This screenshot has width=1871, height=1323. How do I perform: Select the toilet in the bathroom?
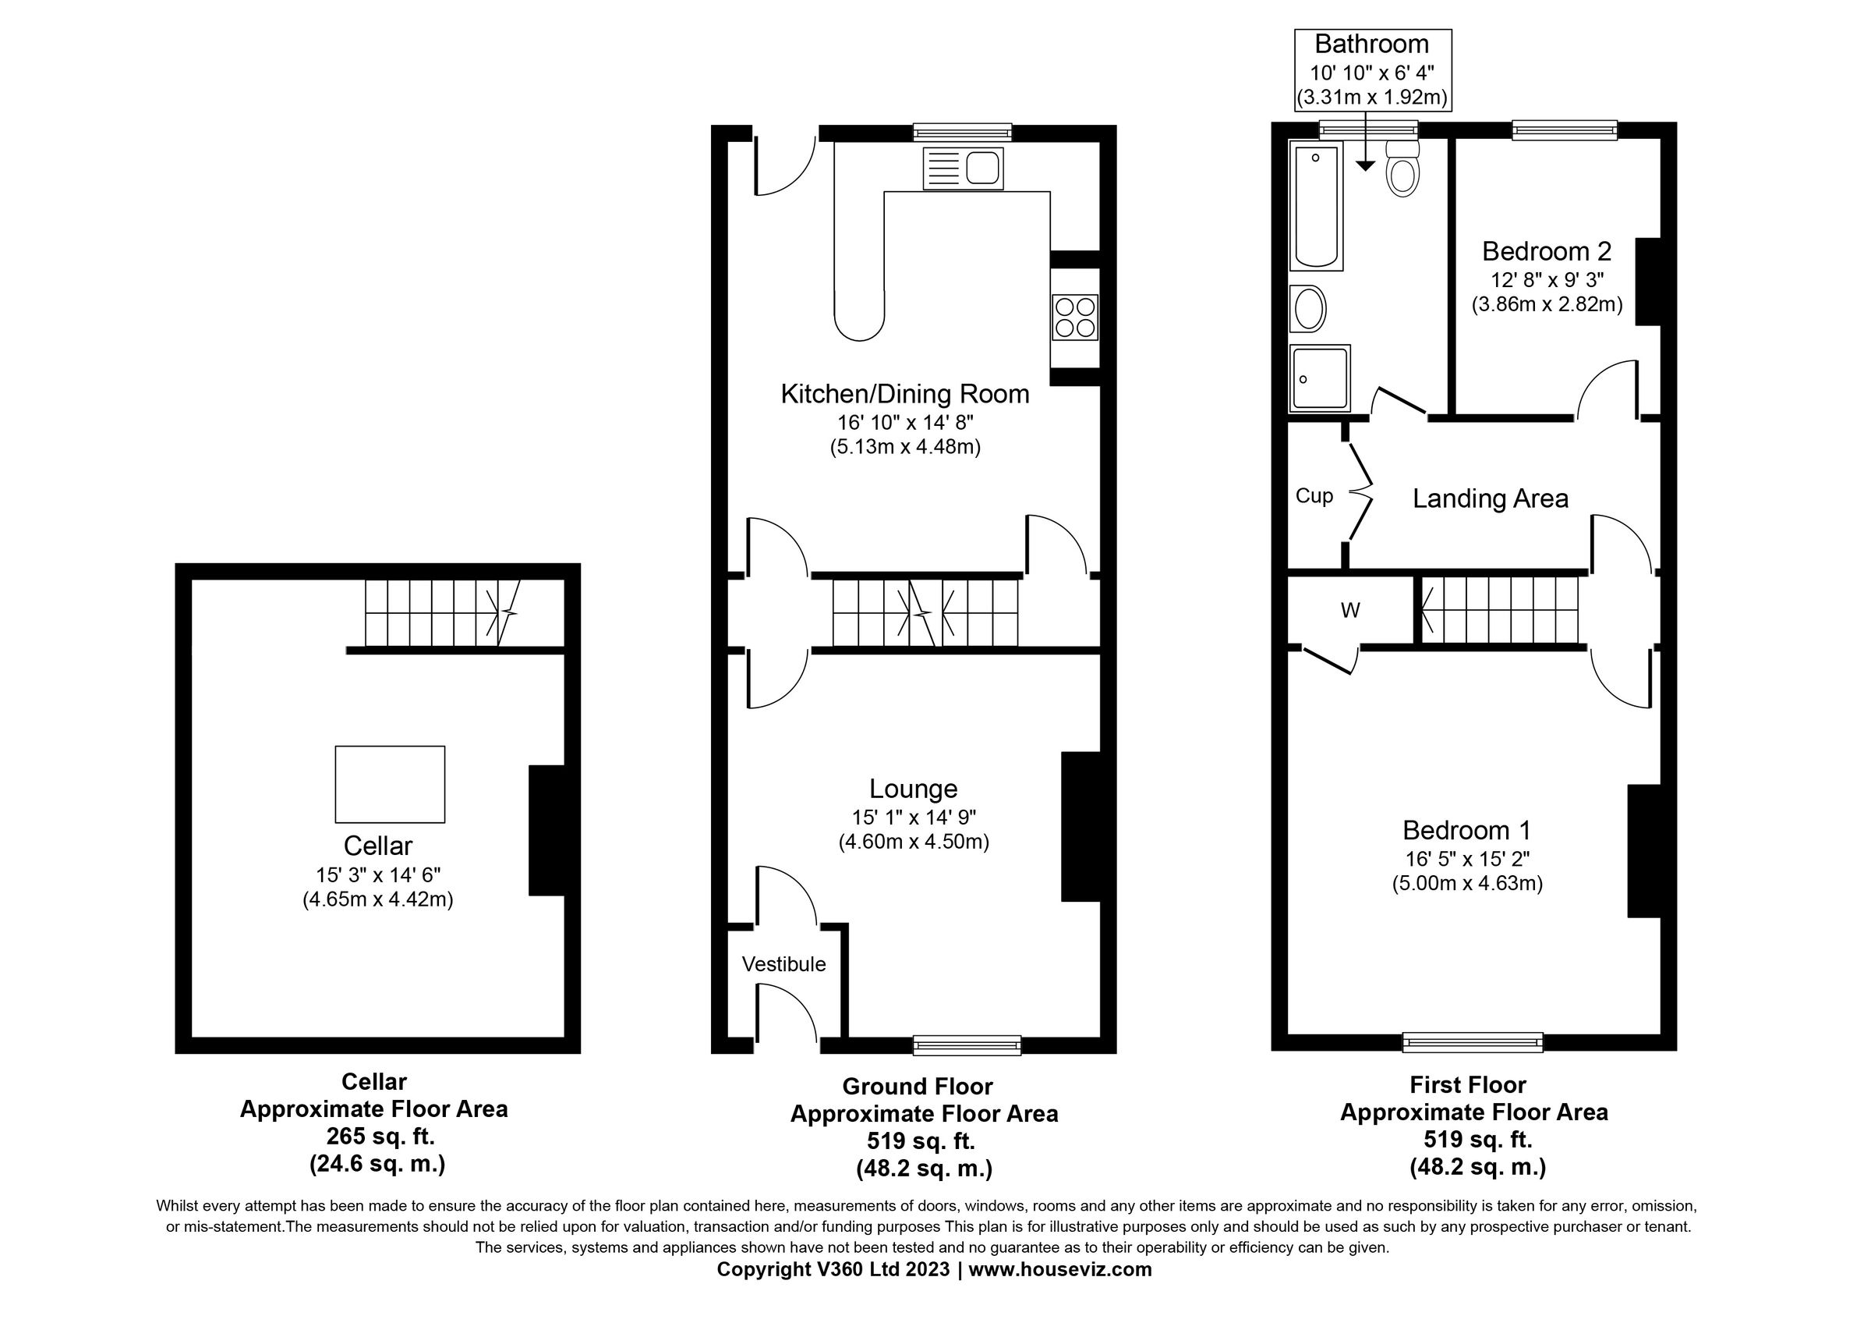click(x=1402, y=168)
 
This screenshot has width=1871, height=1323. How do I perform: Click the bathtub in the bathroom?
click(x=1316, y=205)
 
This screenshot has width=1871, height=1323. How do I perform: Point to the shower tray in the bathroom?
click(x=1319, y=378)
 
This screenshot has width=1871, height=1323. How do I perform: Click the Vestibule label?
click(x=783, y=964)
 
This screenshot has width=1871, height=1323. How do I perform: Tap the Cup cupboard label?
click(x=1314, y=495)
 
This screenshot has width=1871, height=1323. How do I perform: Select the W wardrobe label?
click(x=1349, y=610)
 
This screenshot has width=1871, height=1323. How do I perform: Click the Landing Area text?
click(x=1490, y=498)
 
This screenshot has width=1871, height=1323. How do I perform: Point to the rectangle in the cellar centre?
click(x=390, y=783)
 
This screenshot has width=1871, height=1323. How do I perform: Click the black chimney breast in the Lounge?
click(x=1080, y=827)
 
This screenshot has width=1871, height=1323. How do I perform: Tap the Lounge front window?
click(x=967, y=1045)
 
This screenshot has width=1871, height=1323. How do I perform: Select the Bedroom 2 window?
click(x=1564, y=130)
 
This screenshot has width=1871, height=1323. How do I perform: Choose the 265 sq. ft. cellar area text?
click(x=380, y=1136)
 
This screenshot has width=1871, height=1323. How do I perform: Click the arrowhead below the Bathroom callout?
click(x=1365, y=165)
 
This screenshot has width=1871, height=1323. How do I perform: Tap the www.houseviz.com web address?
click(x=1059, y=1268)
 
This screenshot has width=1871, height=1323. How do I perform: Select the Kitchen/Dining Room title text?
click(x=904, y=394)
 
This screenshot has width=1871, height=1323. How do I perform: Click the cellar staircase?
click(x=440, y=613)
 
